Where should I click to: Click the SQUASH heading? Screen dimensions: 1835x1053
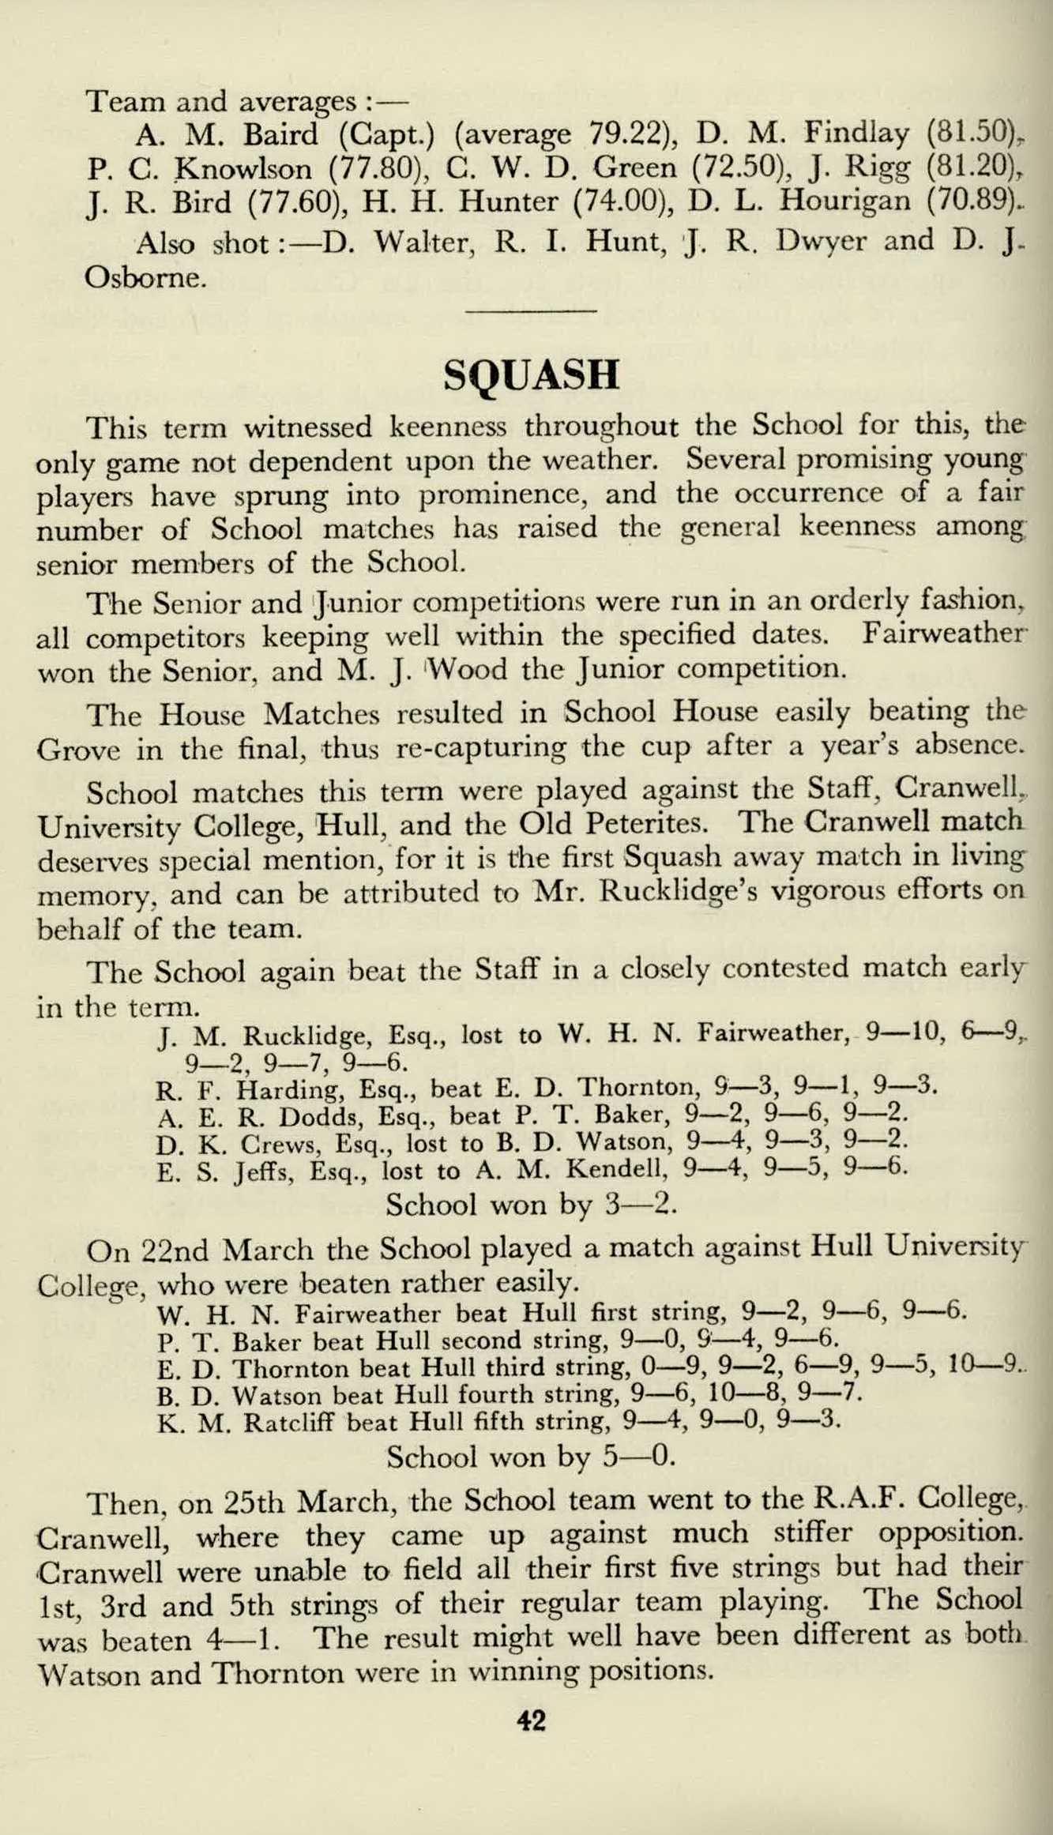click(530, 375)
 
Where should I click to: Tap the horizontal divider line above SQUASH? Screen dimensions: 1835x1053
click(530, 314)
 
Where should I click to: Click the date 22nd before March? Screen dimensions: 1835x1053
click(177, 1251)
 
